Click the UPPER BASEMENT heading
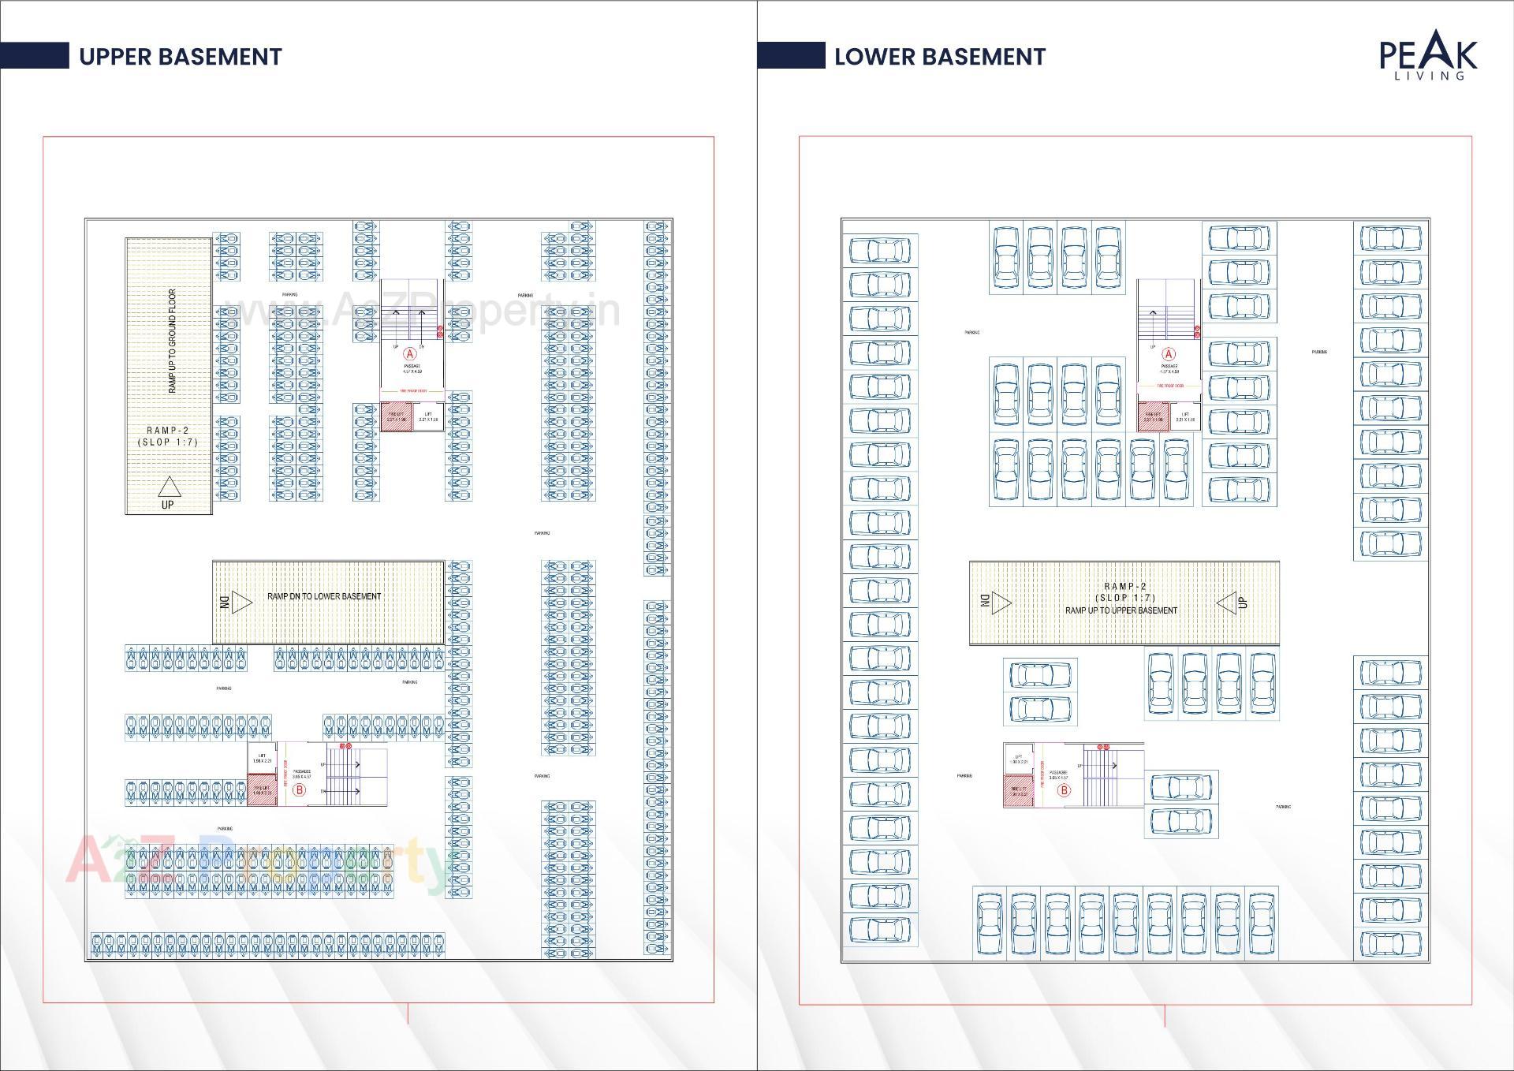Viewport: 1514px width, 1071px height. tap(180, 57)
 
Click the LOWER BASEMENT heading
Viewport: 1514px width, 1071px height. tap(939, 57)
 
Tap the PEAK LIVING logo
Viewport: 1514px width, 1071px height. tap(1428, 55)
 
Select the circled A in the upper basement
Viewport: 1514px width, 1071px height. tap(409, 353)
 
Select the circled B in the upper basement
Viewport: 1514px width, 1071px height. tap(299, 790)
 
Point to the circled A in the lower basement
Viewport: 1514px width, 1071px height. tap(1169, 354)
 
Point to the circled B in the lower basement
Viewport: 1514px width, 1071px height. tap(1064, 790)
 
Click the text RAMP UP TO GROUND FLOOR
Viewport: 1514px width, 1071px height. tap(172, 341)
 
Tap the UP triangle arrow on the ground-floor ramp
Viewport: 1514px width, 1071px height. tap(169, 487)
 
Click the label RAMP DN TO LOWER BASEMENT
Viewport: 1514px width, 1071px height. tap(324, 596)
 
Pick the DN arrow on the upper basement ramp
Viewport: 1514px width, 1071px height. tap(241, 603)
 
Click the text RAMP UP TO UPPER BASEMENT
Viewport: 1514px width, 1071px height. tap(1121, 610)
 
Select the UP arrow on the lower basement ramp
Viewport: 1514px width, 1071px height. tap(1227, 603)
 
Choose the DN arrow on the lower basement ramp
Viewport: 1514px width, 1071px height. tap(1000, 603)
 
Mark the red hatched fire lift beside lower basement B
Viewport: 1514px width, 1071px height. tap(1018, 791)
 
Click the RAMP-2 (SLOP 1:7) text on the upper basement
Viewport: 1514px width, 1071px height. tap(167, 436)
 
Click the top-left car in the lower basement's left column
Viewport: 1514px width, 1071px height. tap(879, 251)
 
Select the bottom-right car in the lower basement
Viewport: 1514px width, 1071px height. tap(1390, 943)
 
